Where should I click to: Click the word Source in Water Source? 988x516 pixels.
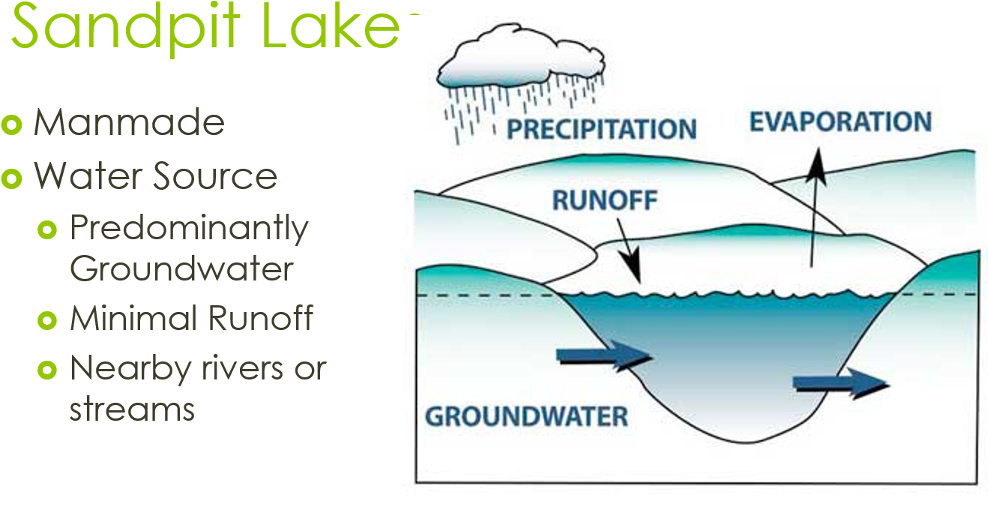click(x=215, y=175)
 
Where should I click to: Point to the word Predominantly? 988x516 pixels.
click(x=189, y=229)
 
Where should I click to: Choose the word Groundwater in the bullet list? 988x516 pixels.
click(x=181, y=268)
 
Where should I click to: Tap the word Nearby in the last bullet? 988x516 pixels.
click(x=131, y=369)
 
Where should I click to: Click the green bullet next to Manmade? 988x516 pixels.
click(x=11, y=124)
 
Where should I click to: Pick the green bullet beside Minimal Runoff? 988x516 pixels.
click(x=47, y=320)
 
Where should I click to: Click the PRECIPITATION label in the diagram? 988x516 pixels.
click(x=602, y=129)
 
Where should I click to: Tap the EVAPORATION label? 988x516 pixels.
click(x=840, y=121)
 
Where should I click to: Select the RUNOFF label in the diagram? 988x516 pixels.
click(x=605, y=200)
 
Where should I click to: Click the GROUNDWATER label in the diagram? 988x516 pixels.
click(x=527, y=416)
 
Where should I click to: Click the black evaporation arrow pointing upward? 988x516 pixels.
click(x=814, y=208)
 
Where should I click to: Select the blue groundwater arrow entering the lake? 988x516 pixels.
click(x=604, y=355)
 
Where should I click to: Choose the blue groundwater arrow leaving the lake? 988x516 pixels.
click(x=840, y=383)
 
